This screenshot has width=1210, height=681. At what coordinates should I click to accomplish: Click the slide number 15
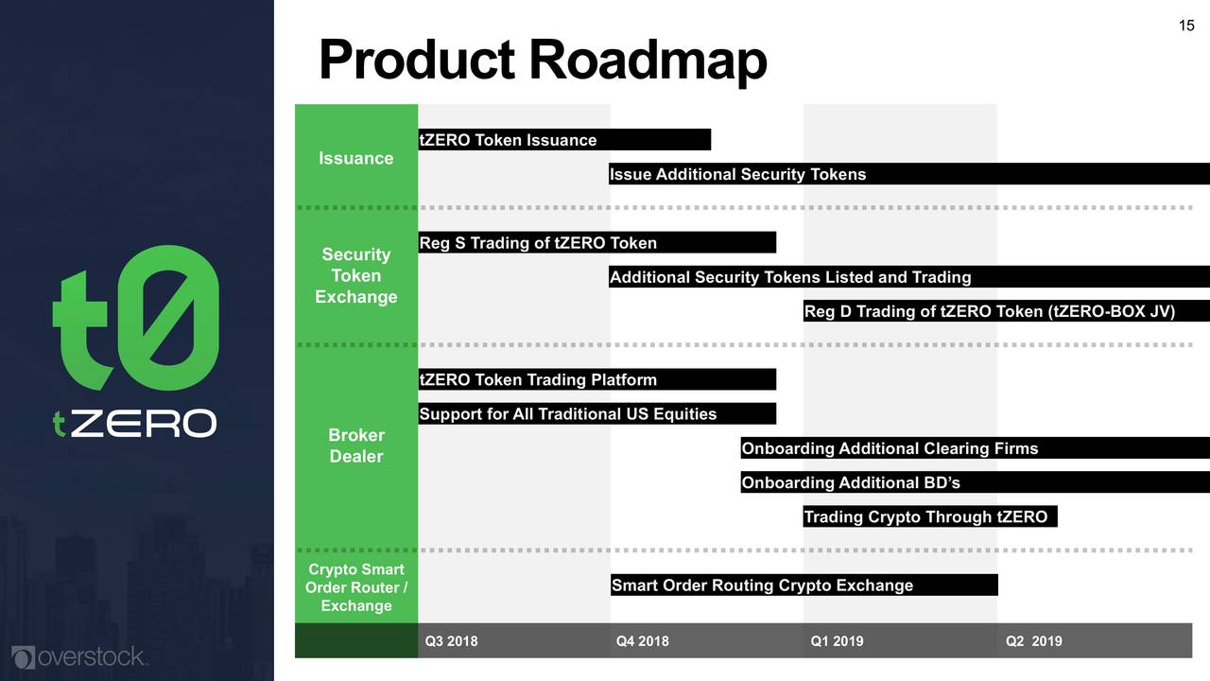(1186, 26)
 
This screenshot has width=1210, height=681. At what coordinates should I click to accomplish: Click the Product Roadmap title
(543, 60)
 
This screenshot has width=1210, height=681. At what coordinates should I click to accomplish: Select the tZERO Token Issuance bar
(564, 139)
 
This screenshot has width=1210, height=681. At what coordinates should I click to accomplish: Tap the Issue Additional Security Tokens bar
(909, 173)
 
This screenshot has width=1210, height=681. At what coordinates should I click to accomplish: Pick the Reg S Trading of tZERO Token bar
(596, 242)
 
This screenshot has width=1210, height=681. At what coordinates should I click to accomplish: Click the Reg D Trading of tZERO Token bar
(1007, 311)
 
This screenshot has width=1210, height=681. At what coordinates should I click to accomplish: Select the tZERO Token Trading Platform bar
(596, 379)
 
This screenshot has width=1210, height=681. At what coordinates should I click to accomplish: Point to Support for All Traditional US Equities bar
(596, 413)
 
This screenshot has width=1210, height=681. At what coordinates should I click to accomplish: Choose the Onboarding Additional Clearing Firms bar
(975, 447)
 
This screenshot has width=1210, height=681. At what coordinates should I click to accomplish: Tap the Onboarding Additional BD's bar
(975, 482)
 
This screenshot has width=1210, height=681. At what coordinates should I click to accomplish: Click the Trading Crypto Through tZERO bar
(930, 516)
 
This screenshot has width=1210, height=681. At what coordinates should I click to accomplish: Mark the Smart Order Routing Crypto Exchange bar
(804, 585)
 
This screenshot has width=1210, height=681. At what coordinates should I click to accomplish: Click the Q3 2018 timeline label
(451, 641)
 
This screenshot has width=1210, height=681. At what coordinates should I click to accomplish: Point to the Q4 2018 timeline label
(642, 641)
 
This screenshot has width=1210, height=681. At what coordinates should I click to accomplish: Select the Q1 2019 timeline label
(837, 641)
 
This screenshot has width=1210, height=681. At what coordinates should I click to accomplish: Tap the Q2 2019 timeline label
(1034, 641)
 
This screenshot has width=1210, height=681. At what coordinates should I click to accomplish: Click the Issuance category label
(356, 158)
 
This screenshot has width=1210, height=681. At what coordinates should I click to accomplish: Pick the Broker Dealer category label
(356, 445)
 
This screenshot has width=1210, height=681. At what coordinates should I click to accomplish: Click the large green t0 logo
(135, 318)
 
